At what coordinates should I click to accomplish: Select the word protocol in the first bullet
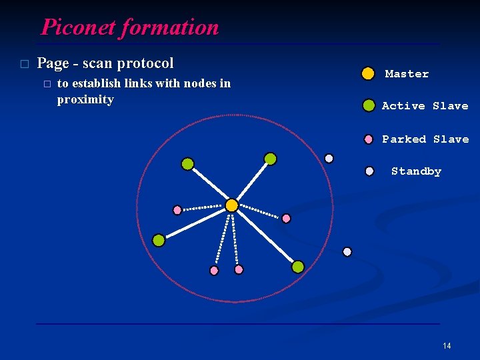(x=145, y=63)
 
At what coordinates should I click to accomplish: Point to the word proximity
(x=85, y=99)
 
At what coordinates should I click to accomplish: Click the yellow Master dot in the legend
(x=368, y=73)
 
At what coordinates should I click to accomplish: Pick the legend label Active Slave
(x=425, y=106)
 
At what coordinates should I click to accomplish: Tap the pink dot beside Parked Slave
(x=369, y=139)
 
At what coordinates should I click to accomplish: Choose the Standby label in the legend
(x=416, y=171)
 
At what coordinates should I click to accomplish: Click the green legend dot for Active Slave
(x=369, y=105)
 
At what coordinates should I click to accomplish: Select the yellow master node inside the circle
(x=231, y=205)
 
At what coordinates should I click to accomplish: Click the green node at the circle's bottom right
(x=298, y=267)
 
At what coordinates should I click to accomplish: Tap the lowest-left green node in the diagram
(x=159, y=240)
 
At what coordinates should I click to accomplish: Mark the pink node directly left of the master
(x=177, y=210)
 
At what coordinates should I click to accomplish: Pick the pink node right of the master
(x=286, y=218)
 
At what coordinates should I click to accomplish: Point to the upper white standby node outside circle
(x=329, y=158)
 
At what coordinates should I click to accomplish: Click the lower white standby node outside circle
(x=347, y=251)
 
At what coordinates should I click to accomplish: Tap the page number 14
(x=447, y=345)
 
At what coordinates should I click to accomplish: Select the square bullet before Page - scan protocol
(x=25, y=64)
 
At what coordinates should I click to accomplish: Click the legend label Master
(x=407, y=74)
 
